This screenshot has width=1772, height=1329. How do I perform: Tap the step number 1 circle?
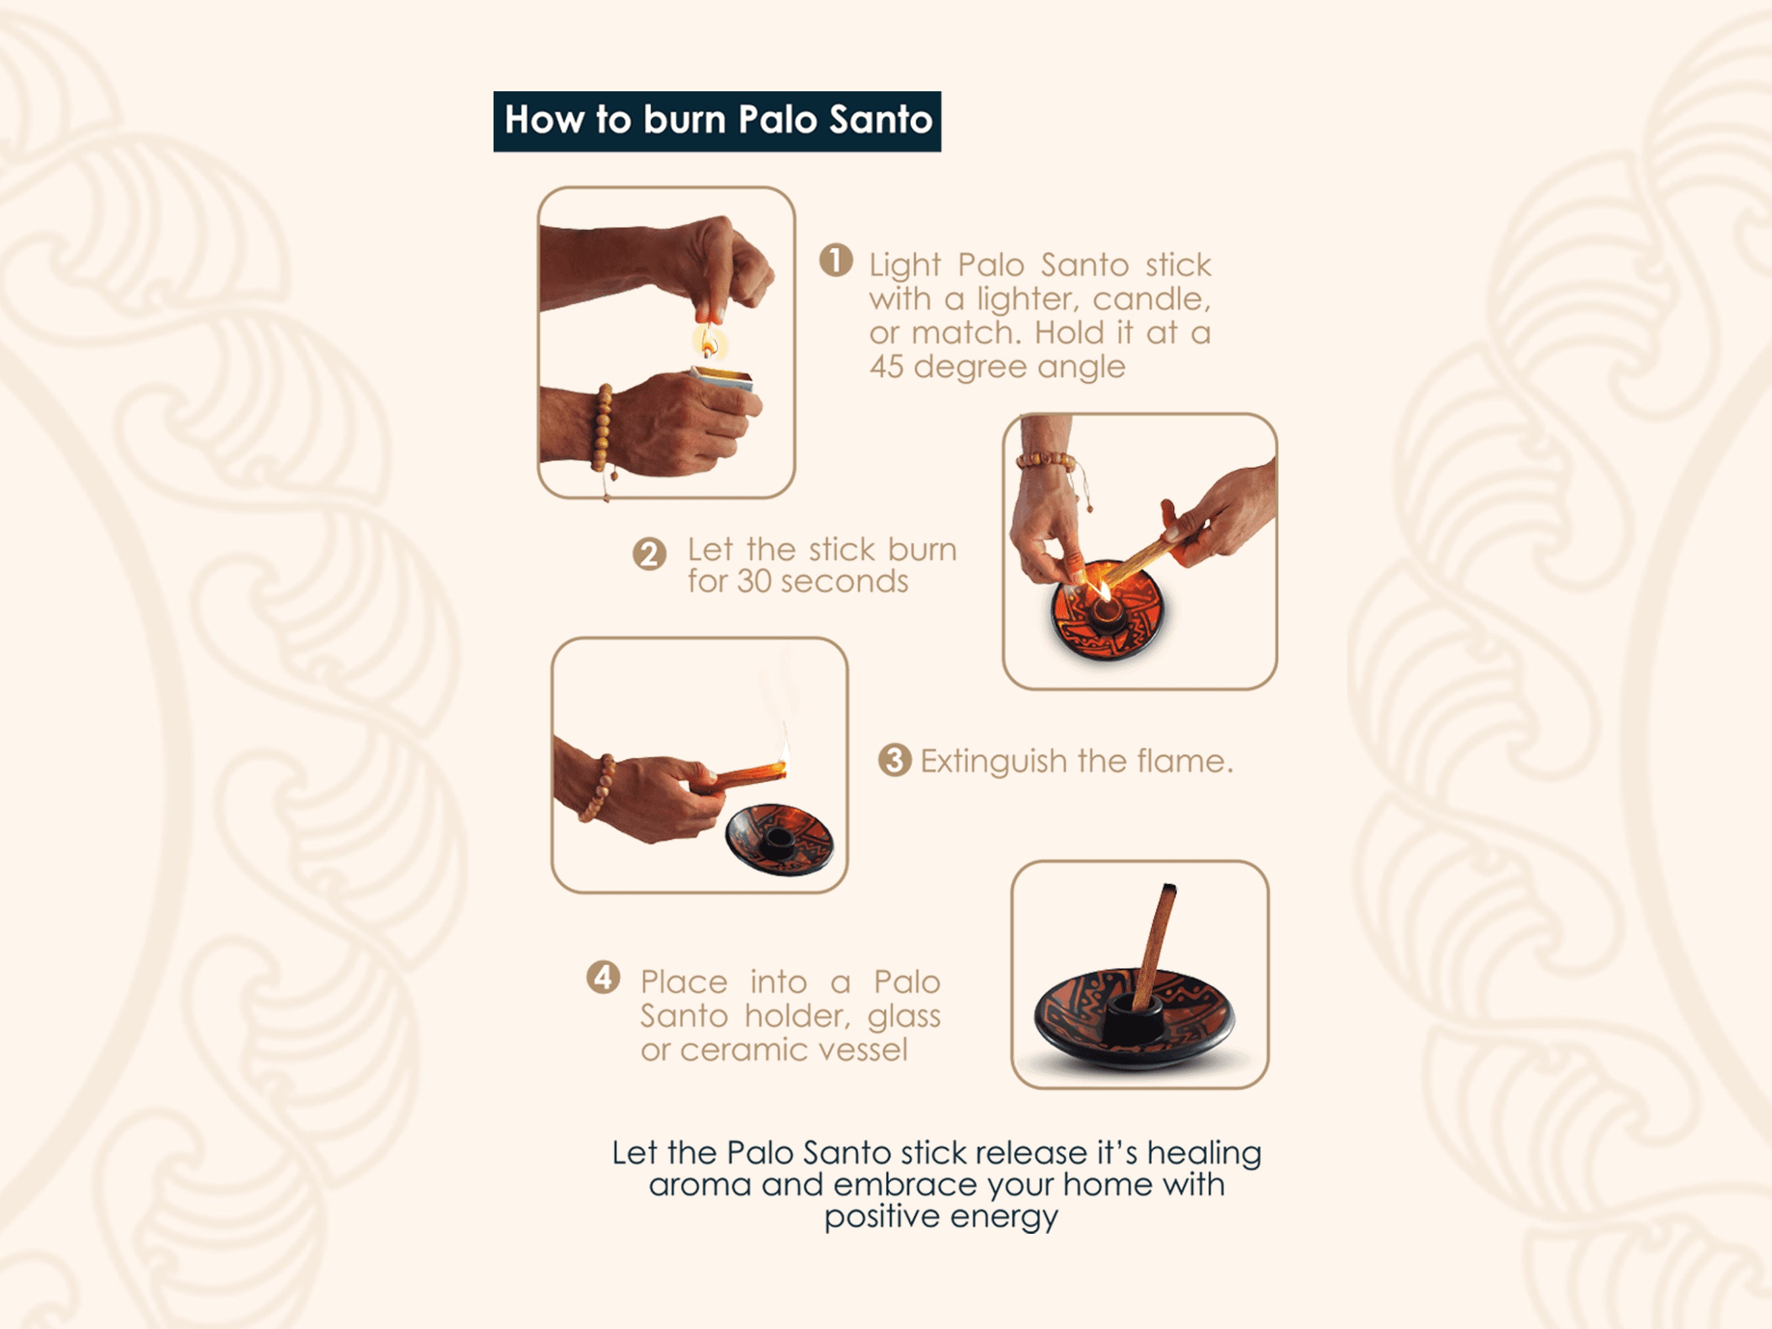(835, 261)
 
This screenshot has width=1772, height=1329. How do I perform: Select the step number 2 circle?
(649, 553)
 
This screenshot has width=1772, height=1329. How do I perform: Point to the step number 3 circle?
(895, 759)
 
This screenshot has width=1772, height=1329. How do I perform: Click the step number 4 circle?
(603, 977)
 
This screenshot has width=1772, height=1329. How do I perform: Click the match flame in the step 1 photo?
(708, 342)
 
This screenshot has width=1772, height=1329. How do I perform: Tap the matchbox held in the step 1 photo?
(723, 379)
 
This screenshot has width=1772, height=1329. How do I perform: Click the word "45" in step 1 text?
(887, 367)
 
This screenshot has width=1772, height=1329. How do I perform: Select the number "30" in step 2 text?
(754, 581)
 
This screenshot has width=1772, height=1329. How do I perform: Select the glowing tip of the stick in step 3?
(781, 767)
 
